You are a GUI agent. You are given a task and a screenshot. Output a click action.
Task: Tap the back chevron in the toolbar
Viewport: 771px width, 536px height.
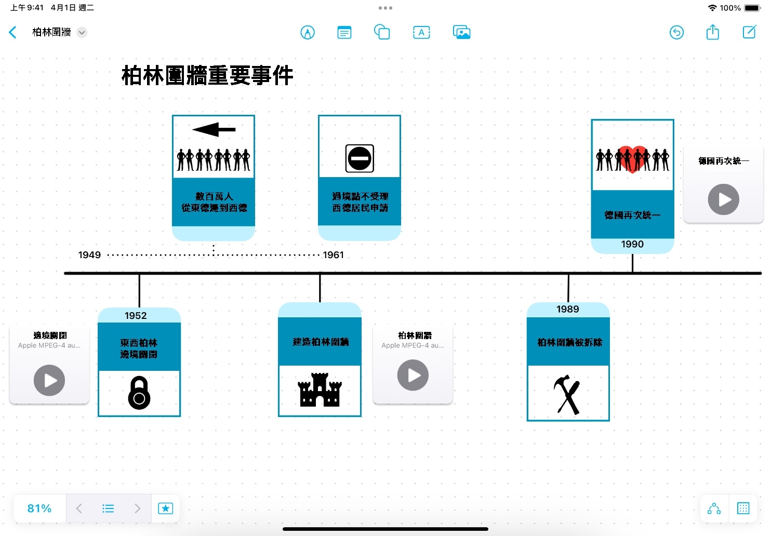13,32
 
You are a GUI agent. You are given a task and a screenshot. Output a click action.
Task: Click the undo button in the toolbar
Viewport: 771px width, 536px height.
676,32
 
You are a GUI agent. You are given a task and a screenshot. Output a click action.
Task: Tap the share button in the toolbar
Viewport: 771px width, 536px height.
712,32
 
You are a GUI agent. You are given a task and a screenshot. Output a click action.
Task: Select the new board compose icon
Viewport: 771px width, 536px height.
749,32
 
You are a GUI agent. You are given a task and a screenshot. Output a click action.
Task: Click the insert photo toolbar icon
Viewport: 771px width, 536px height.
461,32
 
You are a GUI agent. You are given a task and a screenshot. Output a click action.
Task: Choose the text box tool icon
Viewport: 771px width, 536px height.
421,32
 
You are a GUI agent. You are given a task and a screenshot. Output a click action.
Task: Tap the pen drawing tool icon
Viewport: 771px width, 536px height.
308,32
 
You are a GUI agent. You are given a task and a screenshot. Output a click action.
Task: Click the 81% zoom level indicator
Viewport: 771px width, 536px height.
39,508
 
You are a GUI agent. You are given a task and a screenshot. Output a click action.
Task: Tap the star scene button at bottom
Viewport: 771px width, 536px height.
165,508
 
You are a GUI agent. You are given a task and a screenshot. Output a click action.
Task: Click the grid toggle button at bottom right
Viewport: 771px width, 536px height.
743,508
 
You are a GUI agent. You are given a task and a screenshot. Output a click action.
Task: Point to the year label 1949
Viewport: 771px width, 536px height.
89,255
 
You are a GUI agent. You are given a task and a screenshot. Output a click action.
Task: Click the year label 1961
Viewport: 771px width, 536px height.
333,255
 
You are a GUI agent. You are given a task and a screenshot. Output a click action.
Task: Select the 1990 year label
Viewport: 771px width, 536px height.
632,244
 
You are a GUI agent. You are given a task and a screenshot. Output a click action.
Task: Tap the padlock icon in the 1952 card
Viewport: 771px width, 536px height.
139,393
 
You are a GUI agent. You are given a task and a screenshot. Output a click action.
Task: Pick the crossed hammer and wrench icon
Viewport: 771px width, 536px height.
567,394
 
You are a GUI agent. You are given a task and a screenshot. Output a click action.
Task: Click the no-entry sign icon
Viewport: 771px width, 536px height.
360,158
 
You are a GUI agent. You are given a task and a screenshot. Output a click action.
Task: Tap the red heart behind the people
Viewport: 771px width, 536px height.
632,156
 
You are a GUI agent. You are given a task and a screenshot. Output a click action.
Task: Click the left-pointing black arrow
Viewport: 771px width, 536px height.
214,129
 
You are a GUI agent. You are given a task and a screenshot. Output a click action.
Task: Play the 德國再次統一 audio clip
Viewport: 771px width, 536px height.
723,199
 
